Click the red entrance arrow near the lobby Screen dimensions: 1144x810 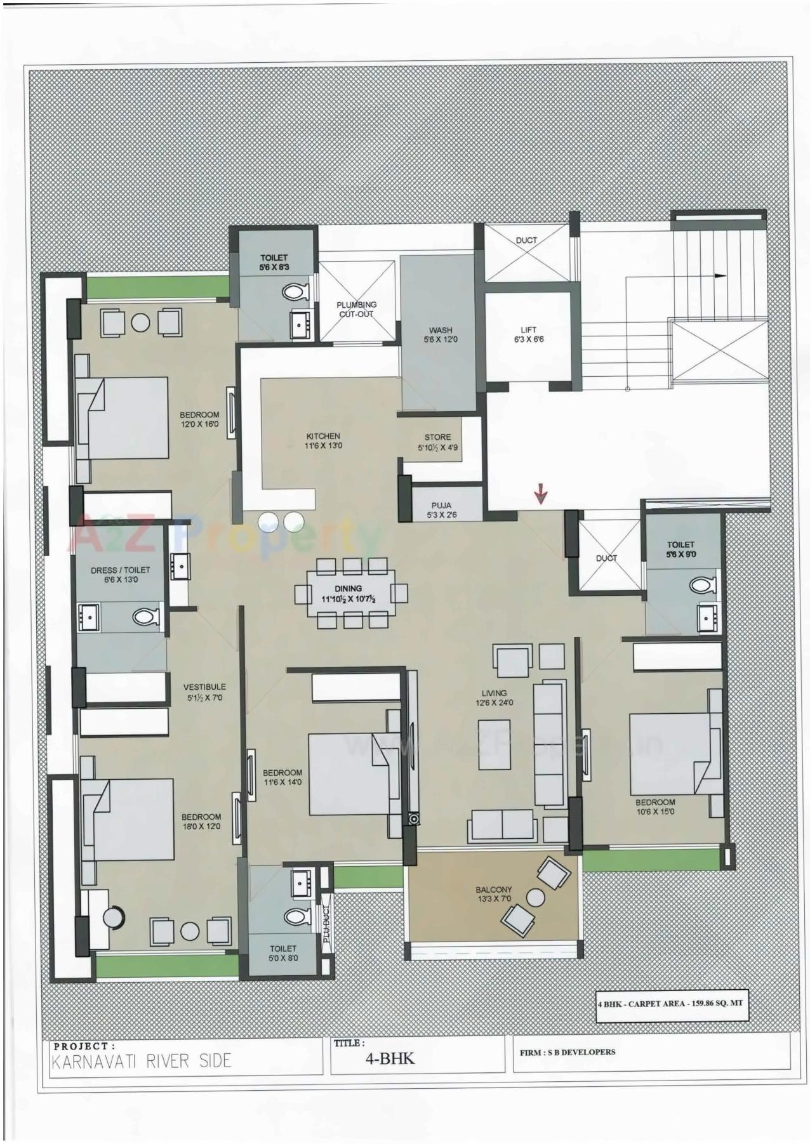pyautogui.click(x=540, y=493)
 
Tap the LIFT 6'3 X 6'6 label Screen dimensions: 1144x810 pyautogui.click(x=528, y=334)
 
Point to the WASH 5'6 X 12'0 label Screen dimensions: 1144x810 pyautogui.click(x=441, y=334)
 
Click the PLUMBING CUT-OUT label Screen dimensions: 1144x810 pyautogui.click(x=356, y=309)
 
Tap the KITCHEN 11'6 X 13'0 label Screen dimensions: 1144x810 pyautogui.click(x=323, y=440)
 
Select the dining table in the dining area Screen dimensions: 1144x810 pyautogui.click(x=349, y=593)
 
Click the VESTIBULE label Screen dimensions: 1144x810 pyautogui.click(x=204, y=692)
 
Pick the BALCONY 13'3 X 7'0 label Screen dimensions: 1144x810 pyautogui.click(x=493, y=893)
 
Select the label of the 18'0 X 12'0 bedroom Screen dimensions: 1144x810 pyautogui.click(x=201, y=822)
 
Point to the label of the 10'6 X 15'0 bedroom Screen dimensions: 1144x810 pyautogui.click(x=655, y=806)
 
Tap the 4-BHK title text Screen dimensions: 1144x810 pyautogui.click(x=390, y=1058)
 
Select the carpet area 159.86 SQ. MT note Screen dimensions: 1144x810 pyautogui.click(x=669, y=1003)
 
